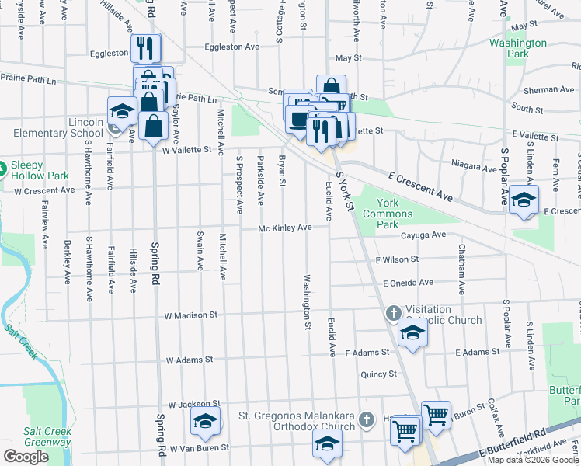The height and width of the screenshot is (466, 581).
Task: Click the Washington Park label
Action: click(x=517, y=48)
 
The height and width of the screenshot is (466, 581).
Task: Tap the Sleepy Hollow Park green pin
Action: click(x=3, y=167)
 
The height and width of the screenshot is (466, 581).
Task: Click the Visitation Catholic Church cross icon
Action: click(x=393, y=314)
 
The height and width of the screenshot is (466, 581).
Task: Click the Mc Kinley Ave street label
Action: click(x=285, y=228)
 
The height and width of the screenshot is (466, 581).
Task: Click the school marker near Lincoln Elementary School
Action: click(x=122, y=110)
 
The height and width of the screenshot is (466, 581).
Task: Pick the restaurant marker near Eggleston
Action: click(x=145, y=49)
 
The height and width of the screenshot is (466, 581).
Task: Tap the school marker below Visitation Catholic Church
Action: click(x=412, y=334)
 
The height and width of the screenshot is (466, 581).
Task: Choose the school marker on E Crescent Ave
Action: click(x=524, y=200)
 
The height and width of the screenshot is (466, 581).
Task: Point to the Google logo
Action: click(x=26, y=457)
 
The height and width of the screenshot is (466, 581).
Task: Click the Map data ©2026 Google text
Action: click(x=533, y=460)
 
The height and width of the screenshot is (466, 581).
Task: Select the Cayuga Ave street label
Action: click(x=423, y=235)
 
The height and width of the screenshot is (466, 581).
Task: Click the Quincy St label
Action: click(x=379, y=374)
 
